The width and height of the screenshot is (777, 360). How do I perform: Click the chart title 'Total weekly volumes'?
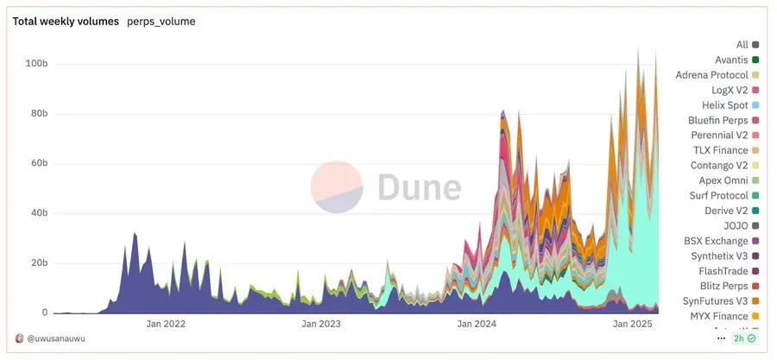click(66, 22)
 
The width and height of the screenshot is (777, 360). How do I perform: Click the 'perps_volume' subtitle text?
click(161, 22)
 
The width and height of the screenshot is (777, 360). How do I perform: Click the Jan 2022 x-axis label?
click(166, 325)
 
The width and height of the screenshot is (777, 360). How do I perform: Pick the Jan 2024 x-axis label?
click(476, 325)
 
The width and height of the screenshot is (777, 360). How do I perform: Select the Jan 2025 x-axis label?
click(631, 325)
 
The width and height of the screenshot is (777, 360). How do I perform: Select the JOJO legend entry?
click(736, 225)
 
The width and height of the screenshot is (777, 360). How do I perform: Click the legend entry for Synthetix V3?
click(718, 256)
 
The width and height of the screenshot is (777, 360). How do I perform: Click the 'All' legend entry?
click(742, 44)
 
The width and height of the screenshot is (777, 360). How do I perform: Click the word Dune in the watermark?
click(419, 187)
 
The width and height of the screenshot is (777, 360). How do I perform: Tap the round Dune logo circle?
click(337, 187)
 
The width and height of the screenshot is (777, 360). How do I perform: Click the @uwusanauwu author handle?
click(56, 338)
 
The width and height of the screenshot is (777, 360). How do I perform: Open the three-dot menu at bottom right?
click(721, 338)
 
